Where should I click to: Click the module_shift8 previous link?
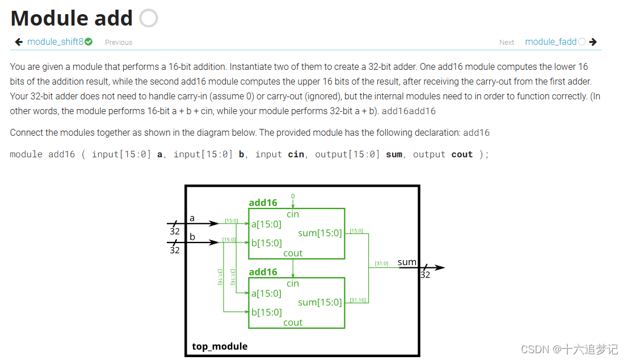click(x=55, y=41)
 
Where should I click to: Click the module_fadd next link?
click(x=550, y=41)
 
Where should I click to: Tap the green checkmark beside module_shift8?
click(x=89, y=41)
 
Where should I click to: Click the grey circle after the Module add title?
click(x=149, y=18)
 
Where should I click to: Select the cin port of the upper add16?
click(x=293, y=214)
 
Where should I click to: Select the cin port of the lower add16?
click(x=293, y=283)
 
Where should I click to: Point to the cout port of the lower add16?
click(x=293, y=323)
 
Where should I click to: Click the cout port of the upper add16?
click(x=293, y=253)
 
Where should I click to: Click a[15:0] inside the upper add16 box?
click(x=266, y=224)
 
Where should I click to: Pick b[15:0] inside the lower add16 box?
click(x=266, y=312)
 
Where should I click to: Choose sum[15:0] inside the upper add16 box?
click(x=320, y=233)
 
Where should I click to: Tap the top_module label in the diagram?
click(x=220, y=346)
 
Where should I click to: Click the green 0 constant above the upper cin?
click(x=293, y=196)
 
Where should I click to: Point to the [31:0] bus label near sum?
click(x=381, y=263)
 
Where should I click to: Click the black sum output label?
click(x=407, y=262)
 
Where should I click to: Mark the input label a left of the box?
click(x=192, y=218)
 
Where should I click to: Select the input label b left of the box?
click(x=192, y=237)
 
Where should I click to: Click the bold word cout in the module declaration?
click(x=462, y=154)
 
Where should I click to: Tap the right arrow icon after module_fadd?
click(x=593, y=41)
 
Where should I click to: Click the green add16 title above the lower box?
click(x=263, y=272)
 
